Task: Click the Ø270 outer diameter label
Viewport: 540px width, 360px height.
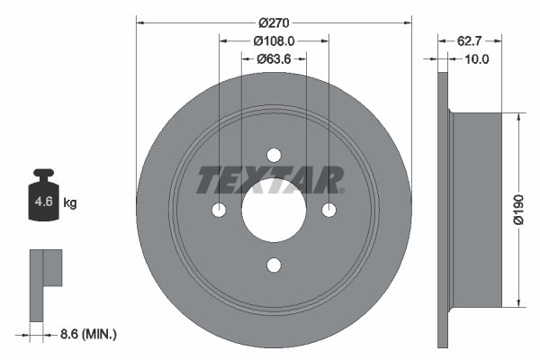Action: pos(274,21)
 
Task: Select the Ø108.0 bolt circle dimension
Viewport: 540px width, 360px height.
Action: pos(274,40)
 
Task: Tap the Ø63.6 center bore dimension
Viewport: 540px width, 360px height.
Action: pos(274,59)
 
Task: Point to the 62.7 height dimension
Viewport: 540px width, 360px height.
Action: pos(473,40)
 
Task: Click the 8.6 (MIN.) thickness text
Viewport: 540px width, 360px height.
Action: pos(85,334)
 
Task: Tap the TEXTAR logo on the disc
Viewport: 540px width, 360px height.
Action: pos(270,181)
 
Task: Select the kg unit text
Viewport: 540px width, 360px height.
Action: pos(70,203)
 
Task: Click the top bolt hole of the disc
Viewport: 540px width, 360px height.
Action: pos(274,154)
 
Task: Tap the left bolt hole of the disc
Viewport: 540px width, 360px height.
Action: pos(219,210)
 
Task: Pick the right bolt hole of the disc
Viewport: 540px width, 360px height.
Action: pos(329,210)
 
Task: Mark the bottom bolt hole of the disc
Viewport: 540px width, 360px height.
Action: pos(274,265)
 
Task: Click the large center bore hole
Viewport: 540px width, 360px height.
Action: pos(274,210)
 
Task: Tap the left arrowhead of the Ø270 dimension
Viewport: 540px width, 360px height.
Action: pos(140,21)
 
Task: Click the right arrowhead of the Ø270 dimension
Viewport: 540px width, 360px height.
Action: pos(407,21)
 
